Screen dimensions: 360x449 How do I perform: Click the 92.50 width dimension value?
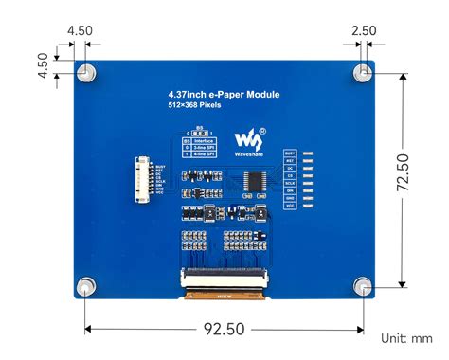[224, 329]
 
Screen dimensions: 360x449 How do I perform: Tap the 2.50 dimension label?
[362, 30]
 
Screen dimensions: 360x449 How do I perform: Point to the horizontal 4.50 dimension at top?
[80, 30]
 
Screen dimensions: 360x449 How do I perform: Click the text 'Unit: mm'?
[406, 339]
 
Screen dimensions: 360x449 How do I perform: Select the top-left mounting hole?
[86, 72]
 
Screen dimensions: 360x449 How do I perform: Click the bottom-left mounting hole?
[86, 285]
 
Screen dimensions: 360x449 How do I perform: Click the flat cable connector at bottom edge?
[224, 279]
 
